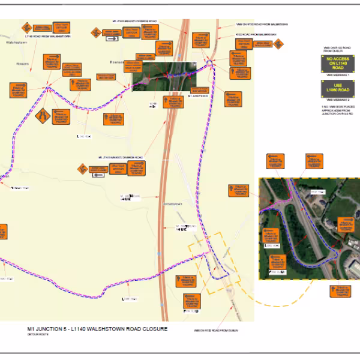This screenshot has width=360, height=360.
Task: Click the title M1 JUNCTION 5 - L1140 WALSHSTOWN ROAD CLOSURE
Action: pos(97,329)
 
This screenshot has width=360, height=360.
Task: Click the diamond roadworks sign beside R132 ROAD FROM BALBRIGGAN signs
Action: pos(279,44)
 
